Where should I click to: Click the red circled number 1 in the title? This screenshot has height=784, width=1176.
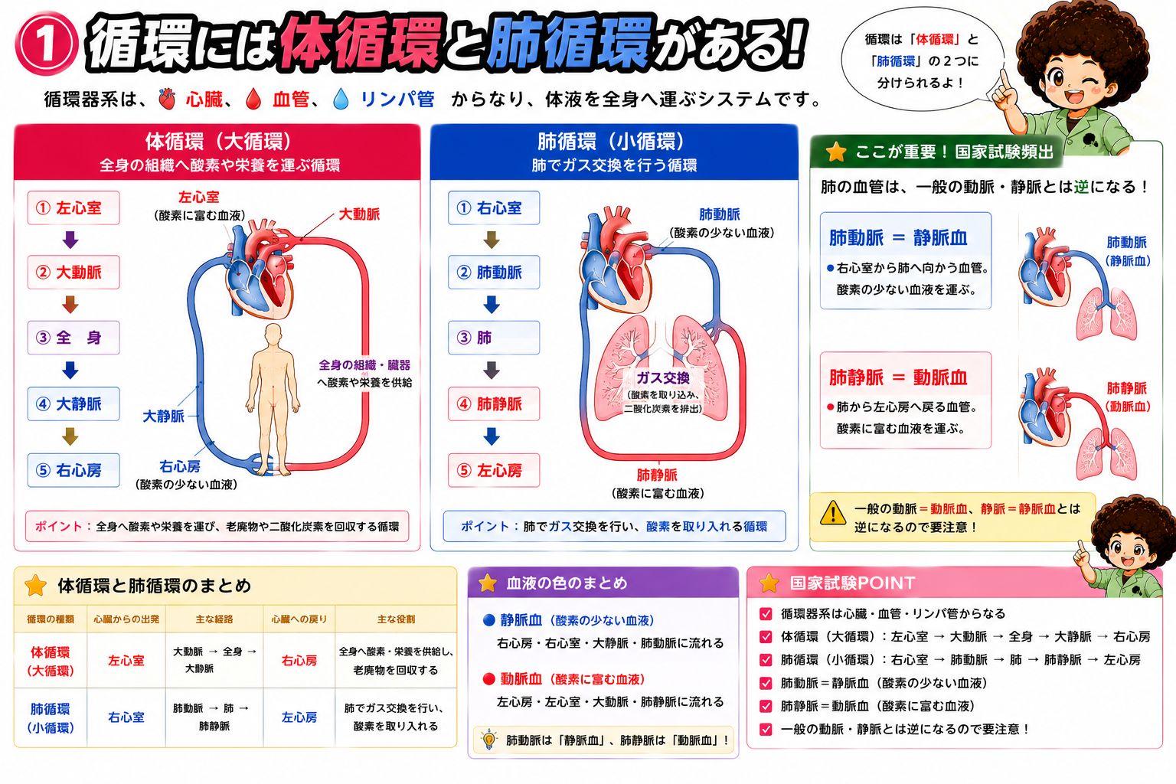[x=46, y=44]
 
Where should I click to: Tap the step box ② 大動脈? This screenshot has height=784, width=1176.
[x=73, y=272]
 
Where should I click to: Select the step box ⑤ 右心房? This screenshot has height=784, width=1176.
[x=73, y=470]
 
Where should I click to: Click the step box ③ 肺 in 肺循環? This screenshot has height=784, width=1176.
[x=494, y=338]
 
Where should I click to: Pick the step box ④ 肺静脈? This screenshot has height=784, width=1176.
[x=494, y=403]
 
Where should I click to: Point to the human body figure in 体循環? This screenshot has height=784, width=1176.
[x=273, y=399]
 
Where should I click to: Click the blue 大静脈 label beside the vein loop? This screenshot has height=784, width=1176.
[x=163, y=416]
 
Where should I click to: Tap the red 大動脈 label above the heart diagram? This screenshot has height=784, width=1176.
[x=359, y=214]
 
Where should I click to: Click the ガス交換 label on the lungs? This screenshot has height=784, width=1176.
[x=663, y=378]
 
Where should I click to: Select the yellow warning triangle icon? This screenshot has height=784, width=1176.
[x=833, y=514]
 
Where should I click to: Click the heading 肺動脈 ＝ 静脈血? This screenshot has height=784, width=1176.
[x=898, y=238]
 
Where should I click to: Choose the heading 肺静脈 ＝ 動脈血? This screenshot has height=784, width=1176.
[x=898, y=377]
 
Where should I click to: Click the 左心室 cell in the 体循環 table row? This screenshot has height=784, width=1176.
[x=126, y=661]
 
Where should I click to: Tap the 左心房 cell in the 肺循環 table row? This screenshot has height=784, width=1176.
[x=299, y=717]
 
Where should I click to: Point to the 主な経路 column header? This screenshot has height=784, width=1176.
[x=214, y=619]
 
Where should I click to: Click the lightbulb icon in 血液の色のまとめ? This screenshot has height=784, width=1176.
[x=488, y=740]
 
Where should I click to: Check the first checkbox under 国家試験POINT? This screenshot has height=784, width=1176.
[x=766, y=614]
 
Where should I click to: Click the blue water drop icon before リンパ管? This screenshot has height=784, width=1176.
[x=341, y=99]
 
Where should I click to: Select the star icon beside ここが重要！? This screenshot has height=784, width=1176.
[x=836, y=152]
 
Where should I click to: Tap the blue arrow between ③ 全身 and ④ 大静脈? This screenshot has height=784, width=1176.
[x=70, y=371]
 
